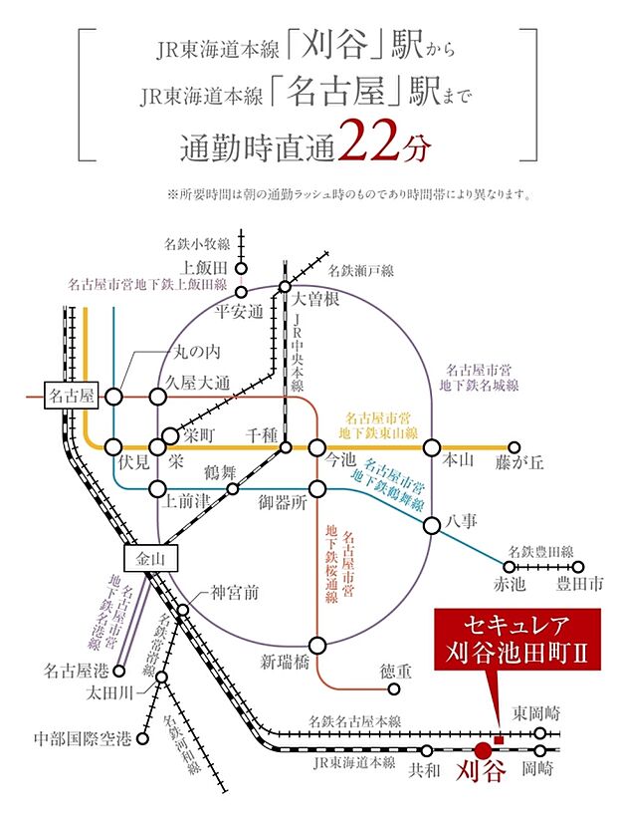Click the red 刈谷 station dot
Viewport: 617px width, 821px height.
(x=484, y=749)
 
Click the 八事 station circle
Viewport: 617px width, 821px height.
(x=432, y=526)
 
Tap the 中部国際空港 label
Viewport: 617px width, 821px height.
(x=83, y=738)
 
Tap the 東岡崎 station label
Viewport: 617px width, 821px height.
(x=536, y=713)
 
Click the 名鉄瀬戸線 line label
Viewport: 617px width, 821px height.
(x=367, y=270)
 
